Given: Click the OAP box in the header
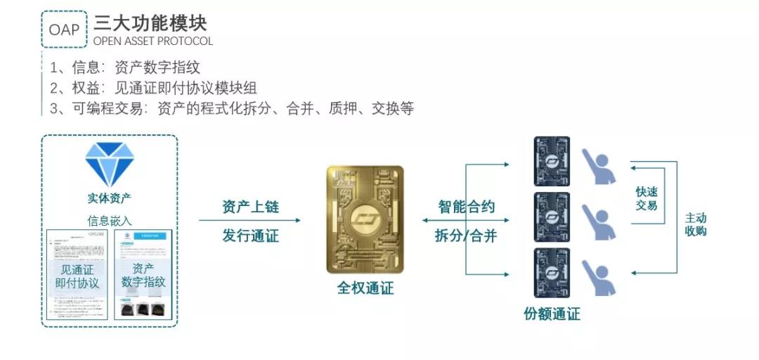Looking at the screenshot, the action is point(64,30).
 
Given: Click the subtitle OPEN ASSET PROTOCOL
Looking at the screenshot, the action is point(153,41).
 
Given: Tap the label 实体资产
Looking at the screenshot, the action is point(109,198).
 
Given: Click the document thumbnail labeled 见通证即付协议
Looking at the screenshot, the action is point(77,275).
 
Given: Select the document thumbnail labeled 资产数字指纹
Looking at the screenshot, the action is point(143,275).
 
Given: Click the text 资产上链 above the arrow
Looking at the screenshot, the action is point(250,207).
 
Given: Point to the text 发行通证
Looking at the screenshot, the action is point(250,236).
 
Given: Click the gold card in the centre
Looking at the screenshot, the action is point(365,219).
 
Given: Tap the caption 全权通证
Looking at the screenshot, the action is point(365,288).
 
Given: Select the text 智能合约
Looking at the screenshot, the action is point(466,207).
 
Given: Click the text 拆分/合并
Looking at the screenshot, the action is point(466,236).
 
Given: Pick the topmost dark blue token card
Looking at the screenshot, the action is point(552,161).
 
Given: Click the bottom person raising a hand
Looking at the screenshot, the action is point(599,276).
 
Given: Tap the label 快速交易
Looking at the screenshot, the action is point(646,198).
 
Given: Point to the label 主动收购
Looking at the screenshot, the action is point(695,224).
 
